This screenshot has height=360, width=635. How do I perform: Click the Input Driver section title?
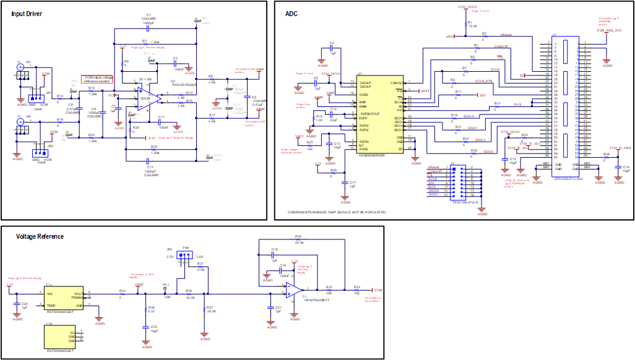27,14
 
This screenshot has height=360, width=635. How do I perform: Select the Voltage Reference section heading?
40,236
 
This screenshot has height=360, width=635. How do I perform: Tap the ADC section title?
291,14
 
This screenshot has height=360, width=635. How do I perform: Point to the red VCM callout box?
97,79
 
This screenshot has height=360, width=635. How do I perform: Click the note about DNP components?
337,212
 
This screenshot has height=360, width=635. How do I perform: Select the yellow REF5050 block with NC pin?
64,336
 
